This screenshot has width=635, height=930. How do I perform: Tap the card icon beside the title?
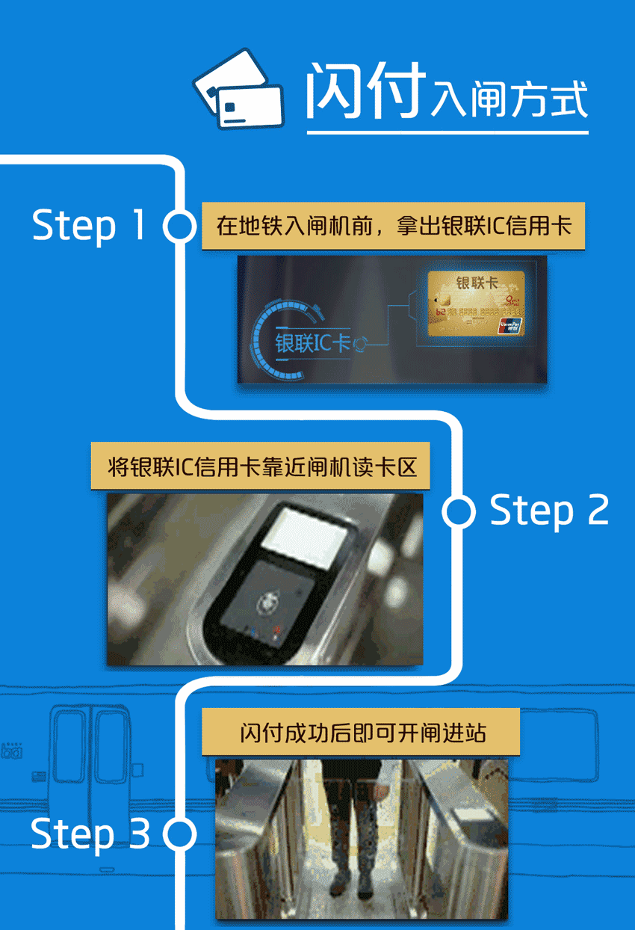point(238,90)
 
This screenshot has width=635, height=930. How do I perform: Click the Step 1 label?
point(89,225)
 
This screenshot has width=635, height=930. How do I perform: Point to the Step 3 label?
point(90,834)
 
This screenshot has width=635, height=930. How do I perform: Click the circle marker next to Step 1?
point(179,227)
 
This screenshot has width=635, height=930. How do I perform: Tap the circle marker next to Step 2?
point(458,511)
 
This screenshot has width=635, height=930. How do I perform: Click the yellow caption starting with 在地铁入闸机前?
point(393,226)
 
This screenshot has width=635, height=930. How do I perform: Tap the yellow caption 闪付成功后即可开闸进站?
point(361,732)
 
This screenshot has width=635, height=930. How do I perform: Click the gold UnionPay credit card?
point(476,304)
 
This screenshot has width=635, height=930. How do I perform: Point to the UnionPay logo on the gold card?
point(512,325)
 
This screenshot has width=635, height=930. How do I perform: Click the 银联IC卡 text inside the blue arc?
point(313,342)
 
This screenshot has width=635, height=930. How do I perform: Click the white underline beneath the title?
point(447,133)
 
